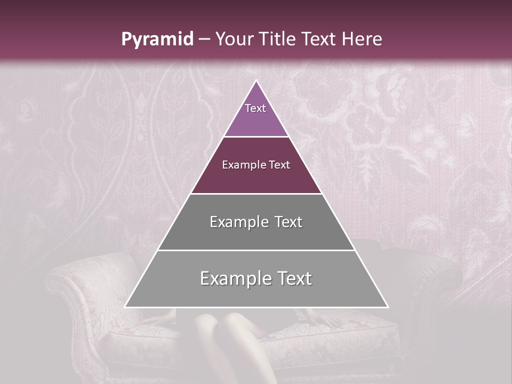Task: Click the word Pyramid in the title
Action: click(x=157, y=39)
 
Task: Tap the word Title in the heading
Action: click(x=278, y=39)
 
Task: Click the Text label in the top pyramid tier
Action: click(x=255, y=108)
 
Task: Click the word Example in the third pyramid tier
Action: click(x=239, y=222)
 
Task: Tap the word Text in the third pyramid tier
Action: click(x=289, y=222)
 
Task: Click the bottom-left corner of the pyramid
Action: click(x=126, y=307)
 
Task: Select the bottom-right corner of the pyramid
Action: click(x=387, y=307)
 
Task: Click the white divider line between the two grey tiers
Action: click(x=257, y=250)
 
